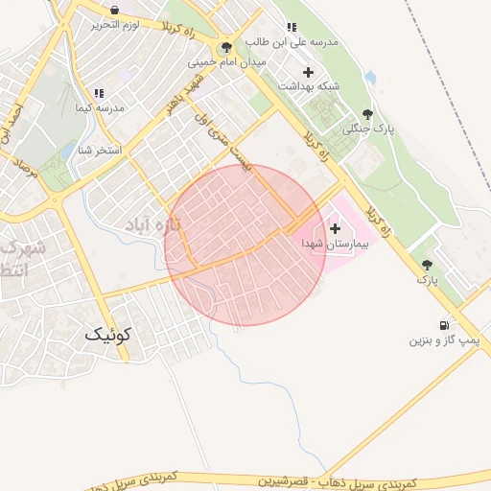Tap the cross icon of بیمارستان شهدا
[335, 228]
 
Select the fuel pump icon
[443, 326]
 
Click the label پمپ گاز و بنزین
[450, 340]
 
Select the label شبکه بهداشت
[309, 86]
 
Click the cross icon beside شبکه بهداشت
[308, 72]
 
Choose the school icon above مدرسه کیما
[99, 94]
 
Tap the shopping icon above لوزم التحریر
[115, 10]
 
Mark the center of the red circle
[245, 245]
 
